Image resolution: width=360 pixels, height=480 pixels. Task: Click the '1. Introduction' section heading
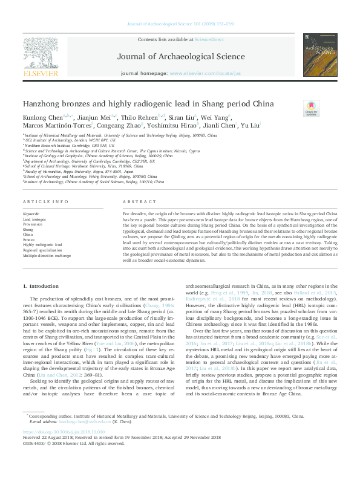coord(41,285)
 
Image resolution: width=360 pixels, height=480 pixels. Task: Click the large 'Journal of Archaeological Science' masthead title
coord(179,58)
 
